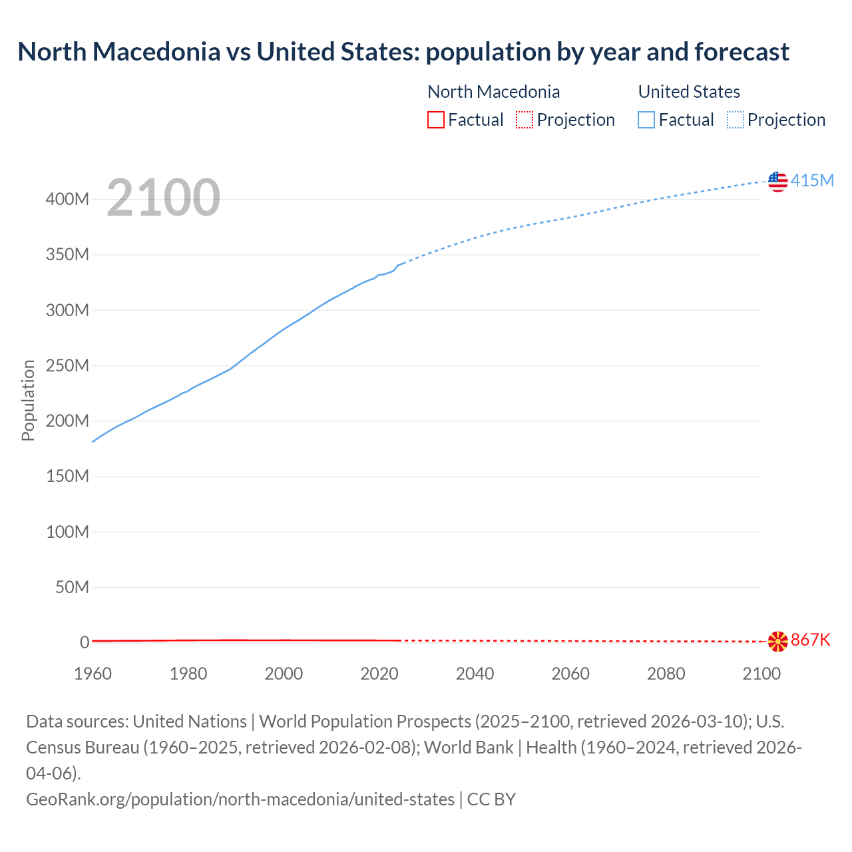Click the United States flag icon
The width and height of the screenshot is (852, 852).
click(777, 180)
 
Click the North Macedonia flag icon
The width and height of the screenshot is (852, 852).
click(777, 641)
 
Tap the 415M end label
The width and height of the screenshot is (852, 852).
click(812, 180)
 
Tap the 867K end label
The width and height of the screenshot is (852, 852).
click(811, 640)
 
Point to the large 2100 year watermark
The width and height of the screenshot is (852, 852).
click(163, 198)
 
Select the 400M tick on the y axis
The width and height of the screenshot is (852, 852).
click(67, 200)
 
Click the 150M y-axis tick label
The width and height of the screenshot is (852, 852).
click(67, 477)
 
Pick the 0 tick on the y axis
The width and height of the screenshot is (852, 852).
click(85, 642)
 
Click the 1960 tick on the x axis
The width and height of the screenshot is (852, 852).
click(93, 674)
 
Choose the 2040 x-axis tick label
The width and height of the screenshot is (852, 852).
click(475, 674)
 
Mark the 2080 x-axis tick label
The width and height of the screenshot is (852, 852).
click(666, 674)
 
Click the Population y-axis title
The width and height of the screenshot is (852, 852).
click(28, 400)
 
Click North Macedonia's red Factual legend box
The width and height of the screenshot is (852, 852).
click(436, 120)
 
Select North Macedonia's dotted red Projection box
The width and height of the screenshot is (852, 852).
click(525, 120)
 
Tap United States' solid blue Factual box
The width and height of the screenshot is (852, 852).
click(646, 120)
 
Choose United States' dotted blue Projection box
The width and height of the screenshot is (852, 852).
click(736, 120)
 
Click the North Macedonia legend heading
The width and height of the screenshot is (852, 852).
click(493, 92)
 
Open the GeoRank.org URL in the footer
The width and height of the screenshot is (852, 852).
click(240, 799)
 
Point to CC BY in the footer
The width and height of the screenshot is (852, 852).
click(491, 799)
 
